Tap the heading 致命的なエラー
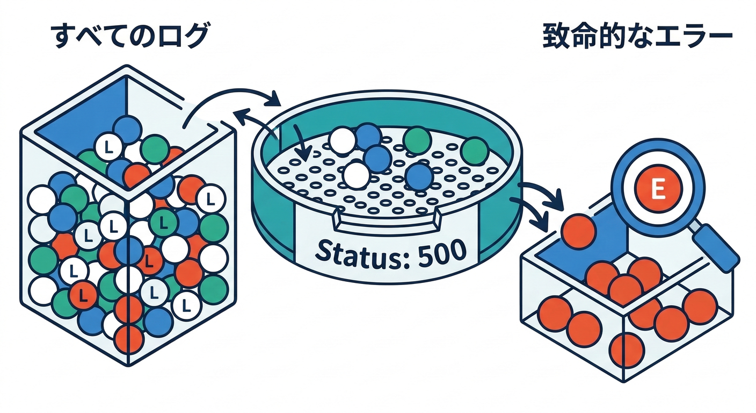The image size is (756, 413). tap(637, 38)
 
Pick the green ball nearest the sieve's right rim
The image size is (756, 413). tap(474, 152)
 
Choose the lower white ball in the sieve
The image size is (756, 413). tap(356, 175)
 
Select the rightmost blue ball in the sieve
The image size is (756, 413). tap(419, 176)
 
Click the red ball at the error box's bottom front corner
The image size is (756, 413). tap(626, 350)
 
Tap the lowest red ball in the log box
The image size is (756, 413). tap(129, 339)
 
